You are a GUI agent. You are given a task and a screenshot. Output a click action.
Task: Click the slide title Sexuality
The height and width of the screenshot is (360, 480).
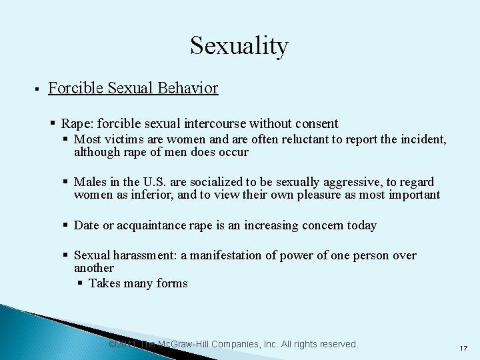239,45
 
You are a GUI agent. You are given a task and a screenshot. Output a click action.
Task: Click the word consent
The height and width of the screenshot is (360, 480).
317,123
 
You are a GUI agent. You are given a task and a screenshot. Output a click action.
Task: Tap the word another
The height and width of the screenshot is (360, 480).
94,268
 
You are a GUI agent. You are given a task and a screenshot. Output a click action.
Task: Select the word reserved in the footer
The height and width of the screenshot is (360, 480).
338,344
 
